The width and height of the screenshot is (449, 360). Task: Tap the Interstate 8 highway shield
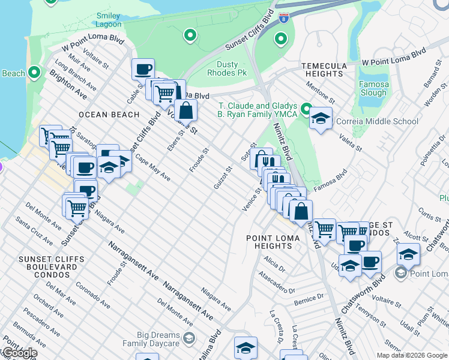click(283, 18)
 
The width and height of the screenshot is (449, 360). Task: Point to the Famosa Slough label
click(373, 89)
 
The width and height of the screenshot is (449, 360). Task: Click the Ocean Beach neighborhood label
click(109, 114)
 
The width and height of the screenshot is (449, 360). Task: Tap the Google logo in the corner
click(19, 353)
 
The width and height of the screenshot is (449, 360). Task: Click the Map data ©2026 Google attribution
click(412, 355)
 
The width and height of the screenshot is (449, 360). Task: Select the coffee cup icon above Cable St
click(143, 69)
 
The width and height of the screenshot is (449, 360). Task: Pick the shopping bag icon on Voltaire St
click(187, 111)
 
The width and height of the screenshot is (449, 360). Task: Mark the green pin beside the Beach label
click(34, 73)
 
